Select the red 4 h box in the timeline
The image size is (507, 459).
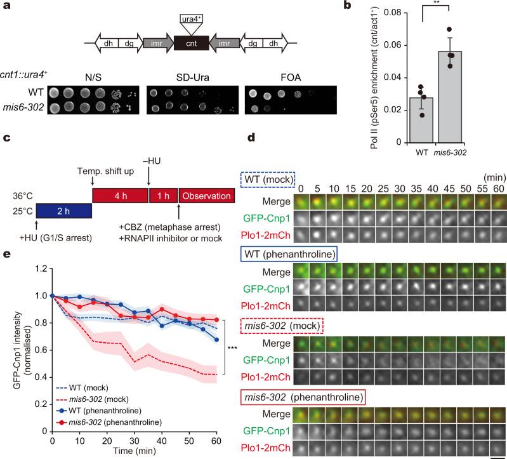pyautogui.click(x=119, y=161)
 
